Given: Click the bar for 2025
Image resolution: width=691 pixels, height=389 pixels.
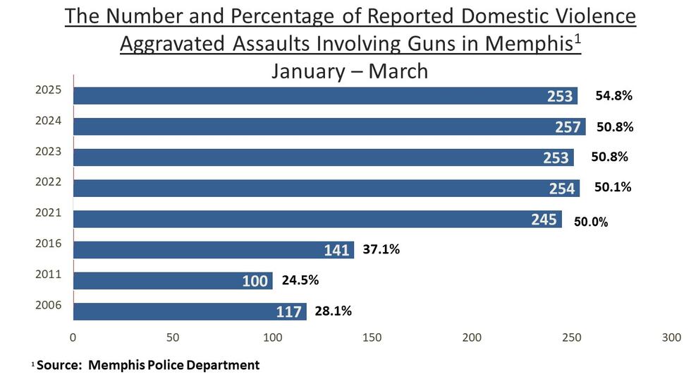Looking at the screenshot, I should click(x=324, y=95).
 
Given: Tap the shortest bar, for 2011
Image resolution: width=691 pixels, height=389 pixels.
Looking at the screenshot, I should click(x=172, y=281).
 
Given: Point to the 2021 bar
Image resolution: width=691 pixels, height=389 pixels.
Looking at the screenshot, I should click(x=317, y=219).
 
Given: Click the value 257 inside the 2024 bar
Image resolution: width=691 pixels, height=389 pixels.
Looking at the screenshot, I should click(x=568, y=127).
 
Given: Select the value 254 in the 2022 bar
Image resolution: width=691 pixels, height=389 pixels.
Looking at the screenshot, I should click(x=562, y=188).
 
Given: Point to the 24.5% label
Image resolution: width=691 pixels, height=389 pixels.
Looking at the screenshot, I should click(x=300, y=280).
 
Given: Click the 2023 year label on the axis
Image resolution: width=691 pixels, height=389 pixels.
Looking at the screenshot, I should click(x=48, y=151).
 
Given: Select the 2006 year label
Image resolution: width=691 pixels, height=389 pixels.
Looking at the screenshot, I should click(x=48, y=305).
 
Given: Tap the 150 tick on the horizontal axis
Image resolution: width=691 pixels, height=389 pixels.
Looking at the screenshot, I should click(x=372, y=337).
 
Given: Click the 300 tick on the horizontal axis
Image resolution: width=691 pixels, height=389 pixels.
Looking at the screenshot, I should click(x=671, y=337).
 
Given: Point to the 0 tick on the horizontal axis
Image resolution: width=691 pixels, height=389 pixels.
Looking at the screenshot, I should click(x=73, y=337).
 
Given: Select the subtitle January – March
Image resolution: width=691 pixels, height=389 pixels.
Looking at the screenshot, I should click(x=350, y=71).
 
